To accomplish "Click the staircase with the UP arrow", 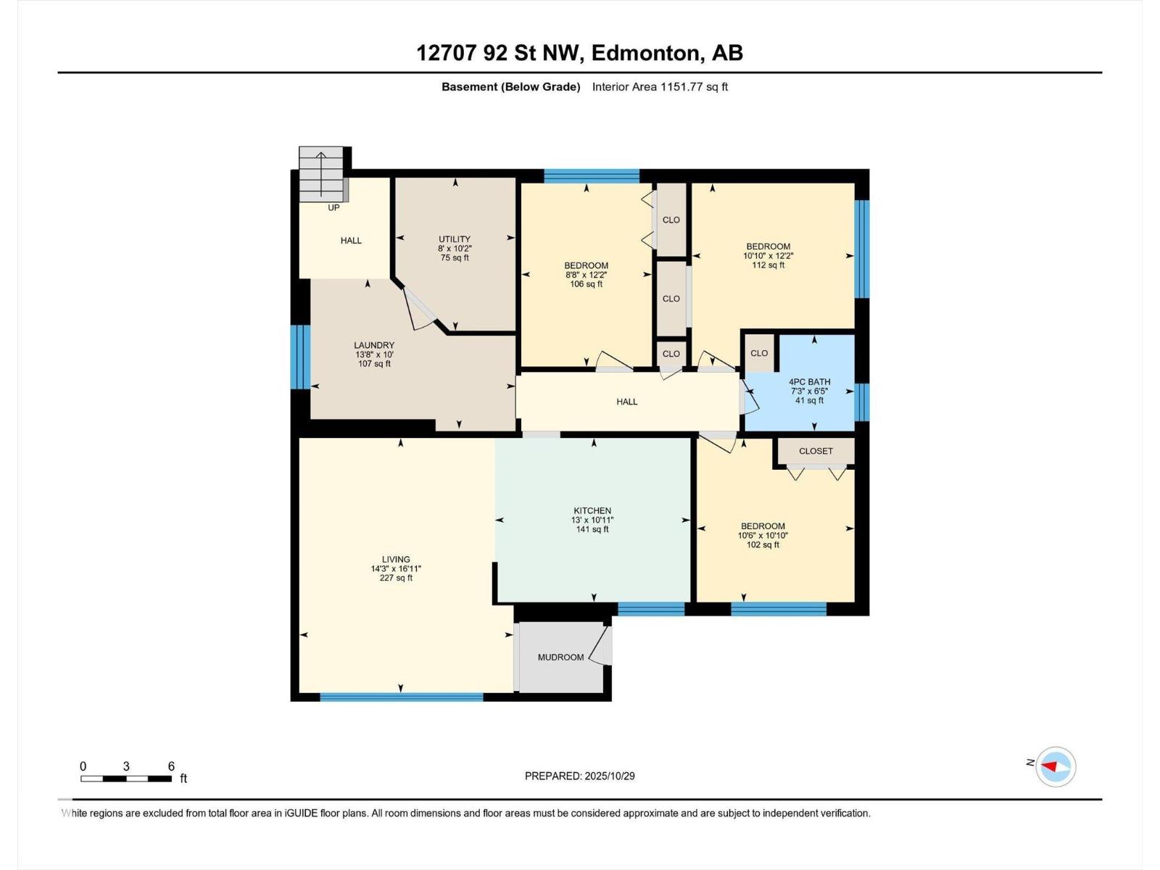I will pos(321,175).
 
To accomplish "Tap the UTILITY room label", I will pos(455,239).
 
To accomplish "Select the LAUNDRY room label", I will pos(374,345).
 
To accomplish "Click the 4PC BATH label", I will pos(809,382).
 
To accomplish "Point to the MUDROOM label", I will pos(560,658).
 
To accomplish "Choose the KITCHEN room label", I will pos(592,510).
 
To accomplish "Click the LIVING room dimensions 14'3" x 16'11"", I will pos(396,569).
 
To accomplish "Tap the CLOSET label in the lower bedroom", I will pos(816,451).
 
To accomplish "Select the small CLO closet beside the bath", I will pos(759,353).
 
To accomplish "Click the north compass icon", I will pos(1055,766).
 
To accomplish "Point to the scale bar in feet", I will pos(126,779).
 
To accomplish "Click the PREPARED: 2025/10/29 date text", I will pos(579,776).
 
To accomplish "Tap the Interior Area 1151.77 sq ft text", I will pos(660,87).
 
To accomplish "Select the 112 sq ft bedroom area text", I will pos(768,265).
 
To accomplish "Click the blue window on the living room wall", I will pos(401,697).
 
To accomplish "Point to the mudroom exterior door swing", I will pos(601,647).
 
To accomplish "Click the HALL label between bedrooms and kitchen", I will pos(626,402).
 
